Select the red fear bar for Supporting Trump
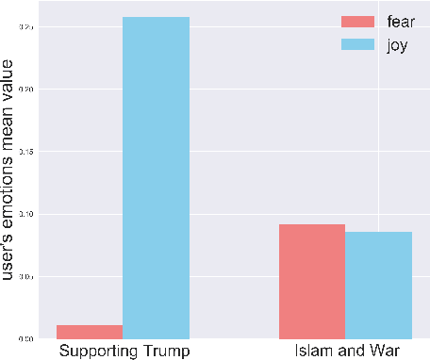(90, 332)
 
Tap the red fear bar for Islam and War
(311, 281)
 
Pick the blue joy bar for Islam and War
(378, 285)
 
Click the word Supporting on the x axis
(99, 351)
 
